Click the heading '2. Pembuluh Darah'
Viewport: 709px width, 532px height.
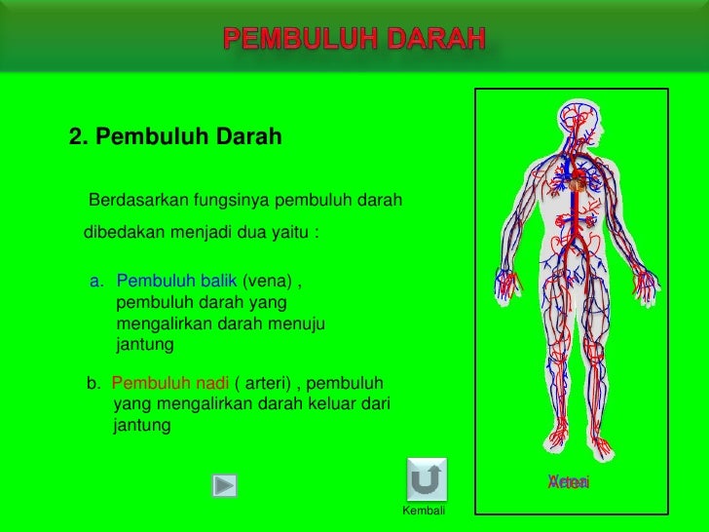[x=175, y=137]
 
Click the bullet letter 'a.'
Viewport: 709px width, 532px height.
[x=96, y=282]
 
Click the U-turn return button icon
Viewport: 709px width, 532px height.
[x=427, y=479]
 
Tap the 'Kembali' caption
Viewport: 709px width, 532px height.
[x=424, y=512]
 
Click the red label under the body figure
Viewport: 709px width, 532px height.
[x=569, y=482]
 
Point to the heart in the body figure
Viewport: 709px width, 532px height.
[x=577, y=182]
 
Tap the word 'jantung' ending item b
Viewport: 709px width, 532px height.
[x=142, y=426]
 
